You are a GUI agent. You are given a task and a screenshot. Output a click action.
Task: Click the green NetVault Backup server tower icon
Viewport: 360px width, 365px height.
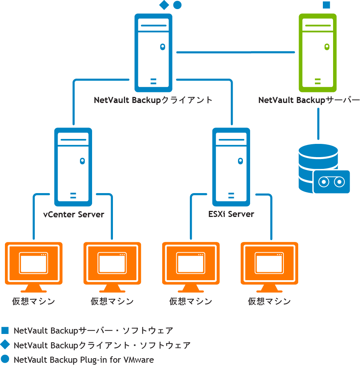(x=318, y=53)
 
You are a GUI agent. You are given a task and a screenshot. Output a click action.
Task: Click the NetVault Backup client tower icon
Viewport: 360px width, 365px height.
(x=153, y=53)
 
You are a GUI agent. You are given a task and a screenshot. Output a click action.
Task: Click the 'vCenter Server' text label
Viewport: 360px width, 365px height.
(x=74, y=214)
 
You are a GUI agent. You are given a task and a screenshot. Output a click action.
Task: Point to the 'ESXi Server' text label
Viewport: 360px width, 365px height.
(x=231, y=214)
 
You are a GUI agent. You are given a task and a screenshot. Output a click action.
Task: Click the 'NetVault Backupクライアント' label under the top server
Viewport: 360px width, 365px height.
(x=153, y=100)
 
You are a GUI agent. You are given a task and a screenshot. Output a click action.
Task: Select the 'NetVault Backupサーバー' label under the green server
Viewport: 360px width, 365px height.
(x=309, y=100)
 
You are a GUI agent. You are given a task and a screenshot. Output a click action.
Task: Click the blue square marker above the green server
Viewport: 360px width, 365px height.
(x=326, y=5)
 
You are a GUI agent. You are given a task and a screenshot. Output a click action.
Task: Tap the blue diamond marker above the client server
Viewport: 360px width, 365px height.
(x=164, y=5)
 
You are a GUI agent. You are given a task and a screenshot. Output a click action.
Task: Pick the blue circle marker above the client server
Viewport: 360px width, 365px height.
(x=177, y=5)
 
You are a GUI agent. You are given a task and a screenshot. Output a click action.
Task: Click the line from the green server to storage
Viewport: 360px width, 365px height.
(x=318, y=123)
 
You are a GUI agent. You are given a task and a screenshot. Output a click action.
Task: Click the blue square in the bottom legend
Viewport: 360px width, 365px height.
(x=5, y=331)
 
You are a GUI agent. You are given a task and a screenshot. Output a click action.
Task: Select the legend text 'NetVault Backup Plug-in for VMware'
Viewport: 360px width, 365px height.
(x=83, y=360)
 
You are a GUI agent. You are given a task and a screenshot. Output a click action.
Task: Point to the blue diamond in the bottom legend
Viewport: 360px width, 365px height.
(x=5, y=345)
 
